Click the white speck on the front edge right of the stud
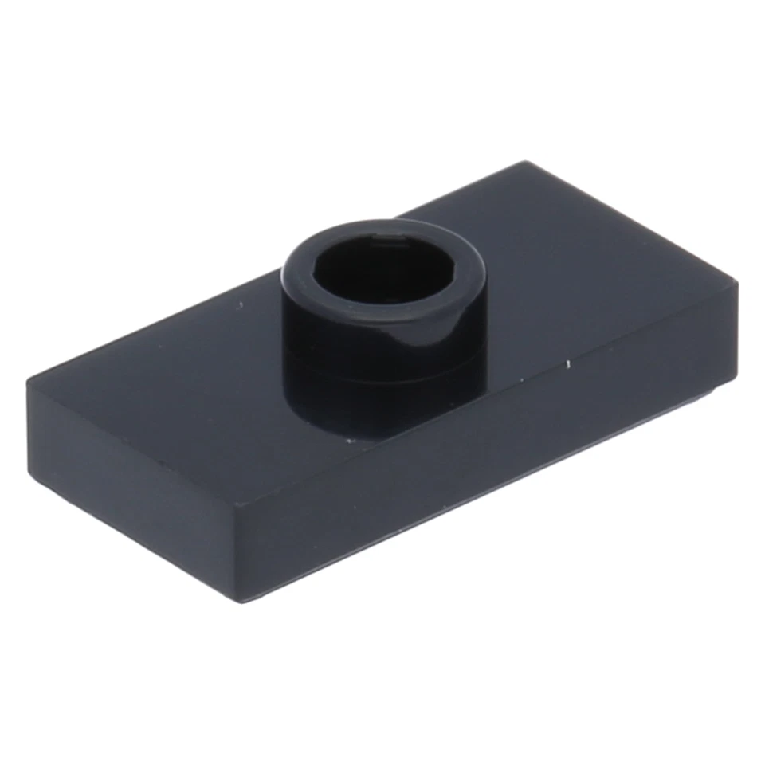coord(568,365)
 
